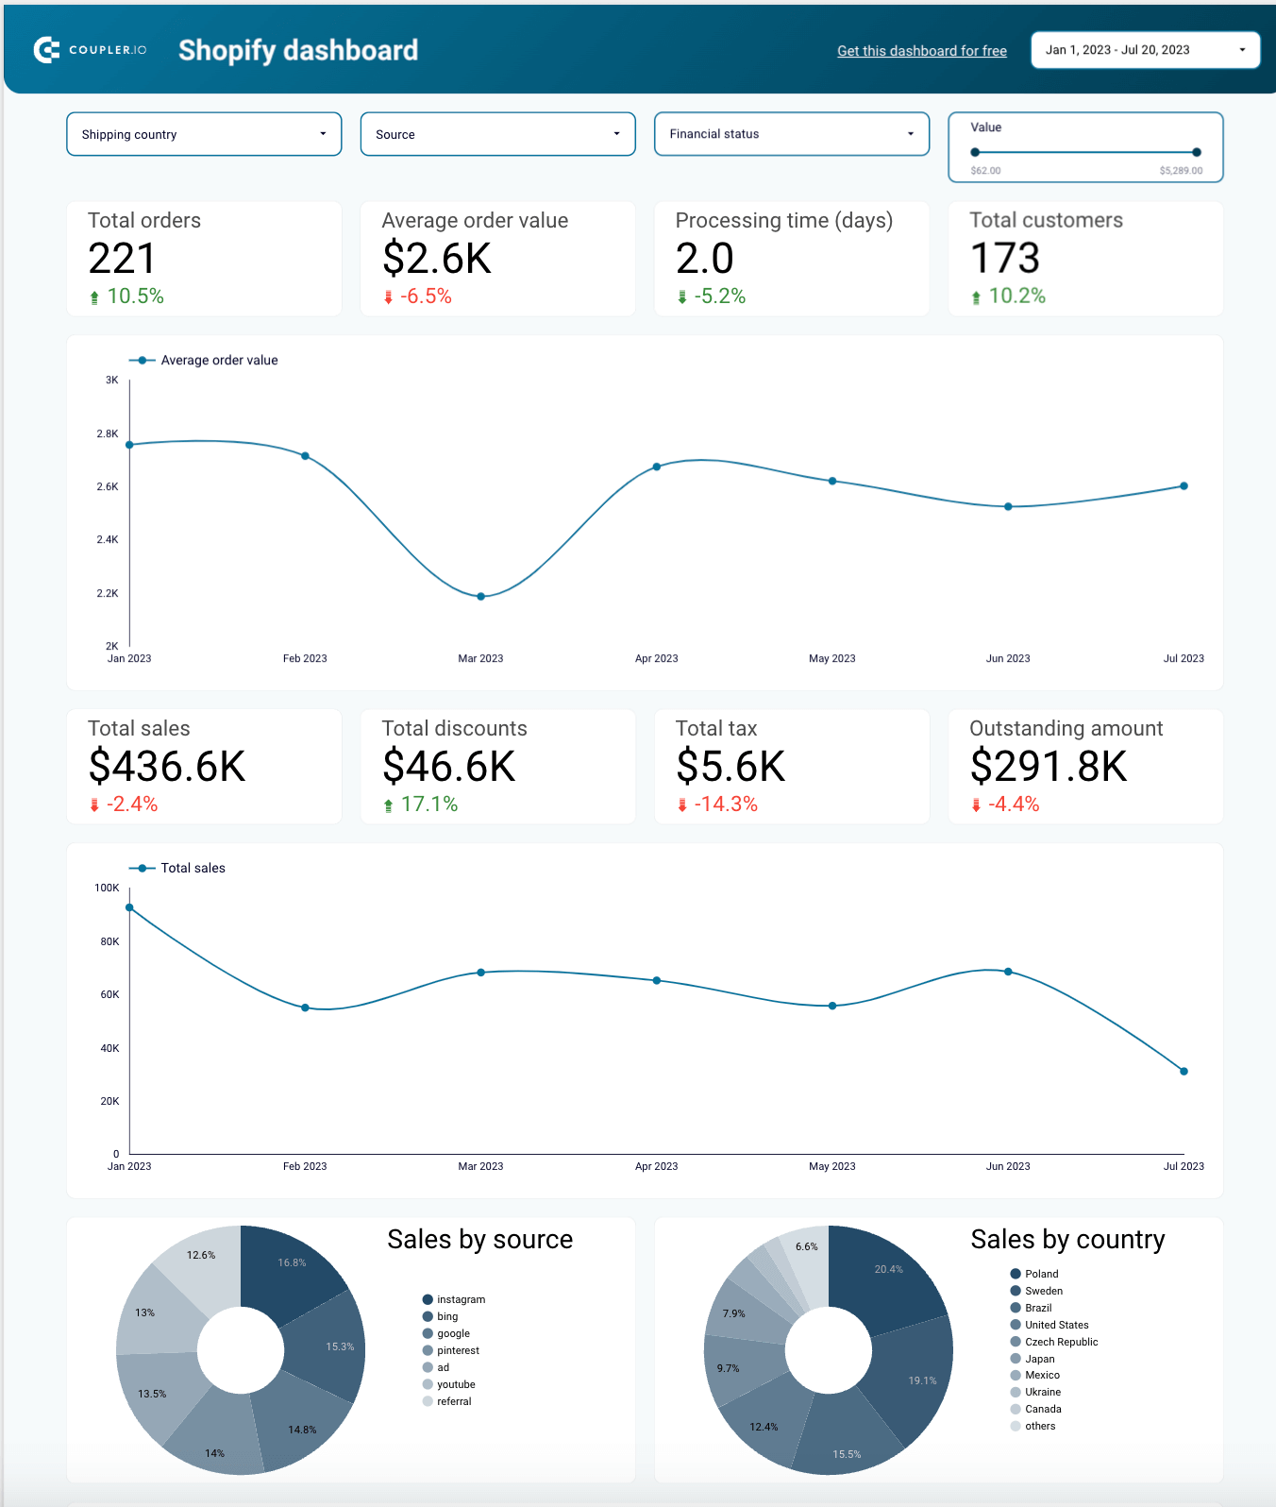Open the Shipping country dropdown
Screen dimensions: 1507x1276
204,134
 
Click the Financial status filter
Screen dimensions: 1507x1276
791,134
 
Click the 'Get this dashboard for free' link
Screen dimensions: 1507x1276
921,51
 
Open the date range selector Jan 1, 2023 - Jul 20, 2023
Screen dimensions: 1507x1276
1145,50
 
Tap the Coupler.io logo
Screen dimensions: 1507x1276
91,50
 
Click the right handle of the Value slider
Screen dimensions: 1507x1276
1196,152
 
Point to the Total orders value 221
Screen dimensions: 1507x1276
122,259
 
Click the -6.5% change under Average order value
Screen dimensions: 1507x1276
425,296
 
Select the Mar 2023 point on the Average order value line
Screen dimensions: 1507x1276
480,597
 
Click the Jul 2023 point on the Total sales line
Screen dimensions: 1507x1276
1184,1071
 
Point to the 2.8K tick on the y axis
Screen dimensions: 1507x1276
108,433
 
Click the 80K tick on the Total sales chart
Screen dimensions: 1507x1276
109,941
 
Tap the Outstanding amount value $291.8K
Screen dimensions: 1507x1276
1049,766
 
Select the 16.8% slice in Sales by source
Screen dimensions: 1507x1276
292,1263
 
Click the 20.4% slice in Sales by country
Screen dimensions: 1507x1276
887,1270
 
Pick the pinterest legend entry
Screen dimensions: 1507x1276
458,1350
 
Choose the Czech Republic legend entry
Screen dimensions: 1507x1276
1061,1342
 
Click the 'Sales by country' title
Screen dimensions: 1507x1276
1067,1239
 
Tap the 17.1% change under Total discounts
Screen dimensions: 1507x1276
428,804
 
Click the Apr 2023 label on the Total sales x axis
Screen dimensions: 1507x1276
656,1166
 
